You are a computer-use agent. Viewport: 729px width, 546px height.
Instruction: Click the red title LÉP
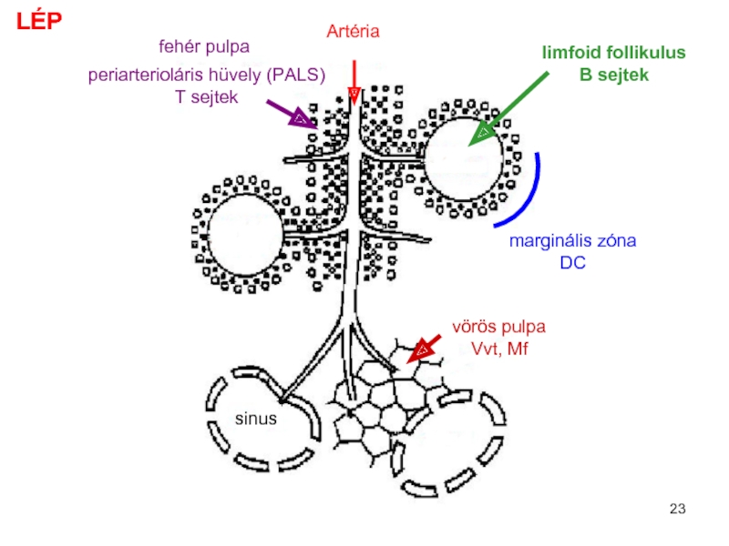(x=36, y=22)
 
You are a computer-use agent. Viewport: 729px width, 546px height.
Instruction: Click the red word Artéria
(x=353, y=32)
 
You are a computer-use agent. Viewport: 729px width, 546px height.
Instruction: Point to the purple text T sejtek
(x=207, y=96)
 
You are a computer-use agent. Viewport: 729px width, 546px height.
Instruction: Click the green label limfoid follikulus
(x=614, y=54)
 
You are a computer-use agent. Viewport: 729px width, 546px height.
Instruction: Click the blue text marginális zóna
(x=571, y=242)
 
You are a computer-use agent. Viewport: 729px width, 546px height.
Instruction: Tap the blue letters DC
(x=571, y=263)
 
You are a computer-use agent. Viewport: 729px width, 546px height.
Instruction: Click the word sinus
(x=255, y=420)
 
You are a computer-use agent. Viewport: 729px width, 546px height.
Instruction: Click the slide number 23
(x=676, y=508)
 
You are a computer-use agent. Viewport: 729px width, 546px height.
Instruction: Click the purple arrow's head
(x=303, y=119)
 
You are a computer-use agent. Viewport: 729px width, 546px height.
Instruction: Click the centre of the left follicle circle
(x=244, y=232)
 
